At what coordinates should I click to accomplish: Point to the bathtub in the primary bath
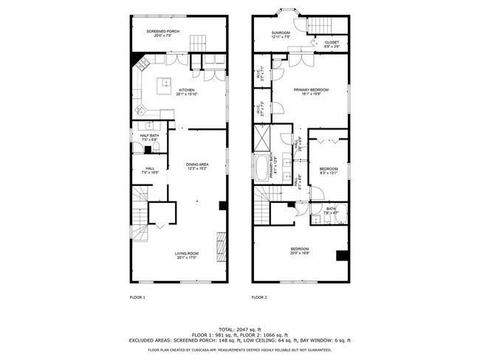point(262,168)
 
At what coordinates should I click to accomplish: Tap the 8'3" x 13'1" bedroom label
point(328,171)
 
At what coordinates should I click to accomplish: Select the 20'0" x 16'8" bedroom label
point(299,250)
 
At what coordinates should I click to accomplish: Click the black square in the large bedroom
point(341,256)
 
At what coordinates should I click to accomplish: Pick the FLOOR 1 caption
point(138,297)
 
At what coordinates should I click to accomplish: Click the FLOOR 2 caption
point(258,297)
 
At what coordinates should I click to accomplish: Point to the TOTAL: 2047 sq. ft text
point(239,329)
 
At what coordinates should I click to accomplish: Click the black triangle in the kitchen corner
point(137,58)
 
